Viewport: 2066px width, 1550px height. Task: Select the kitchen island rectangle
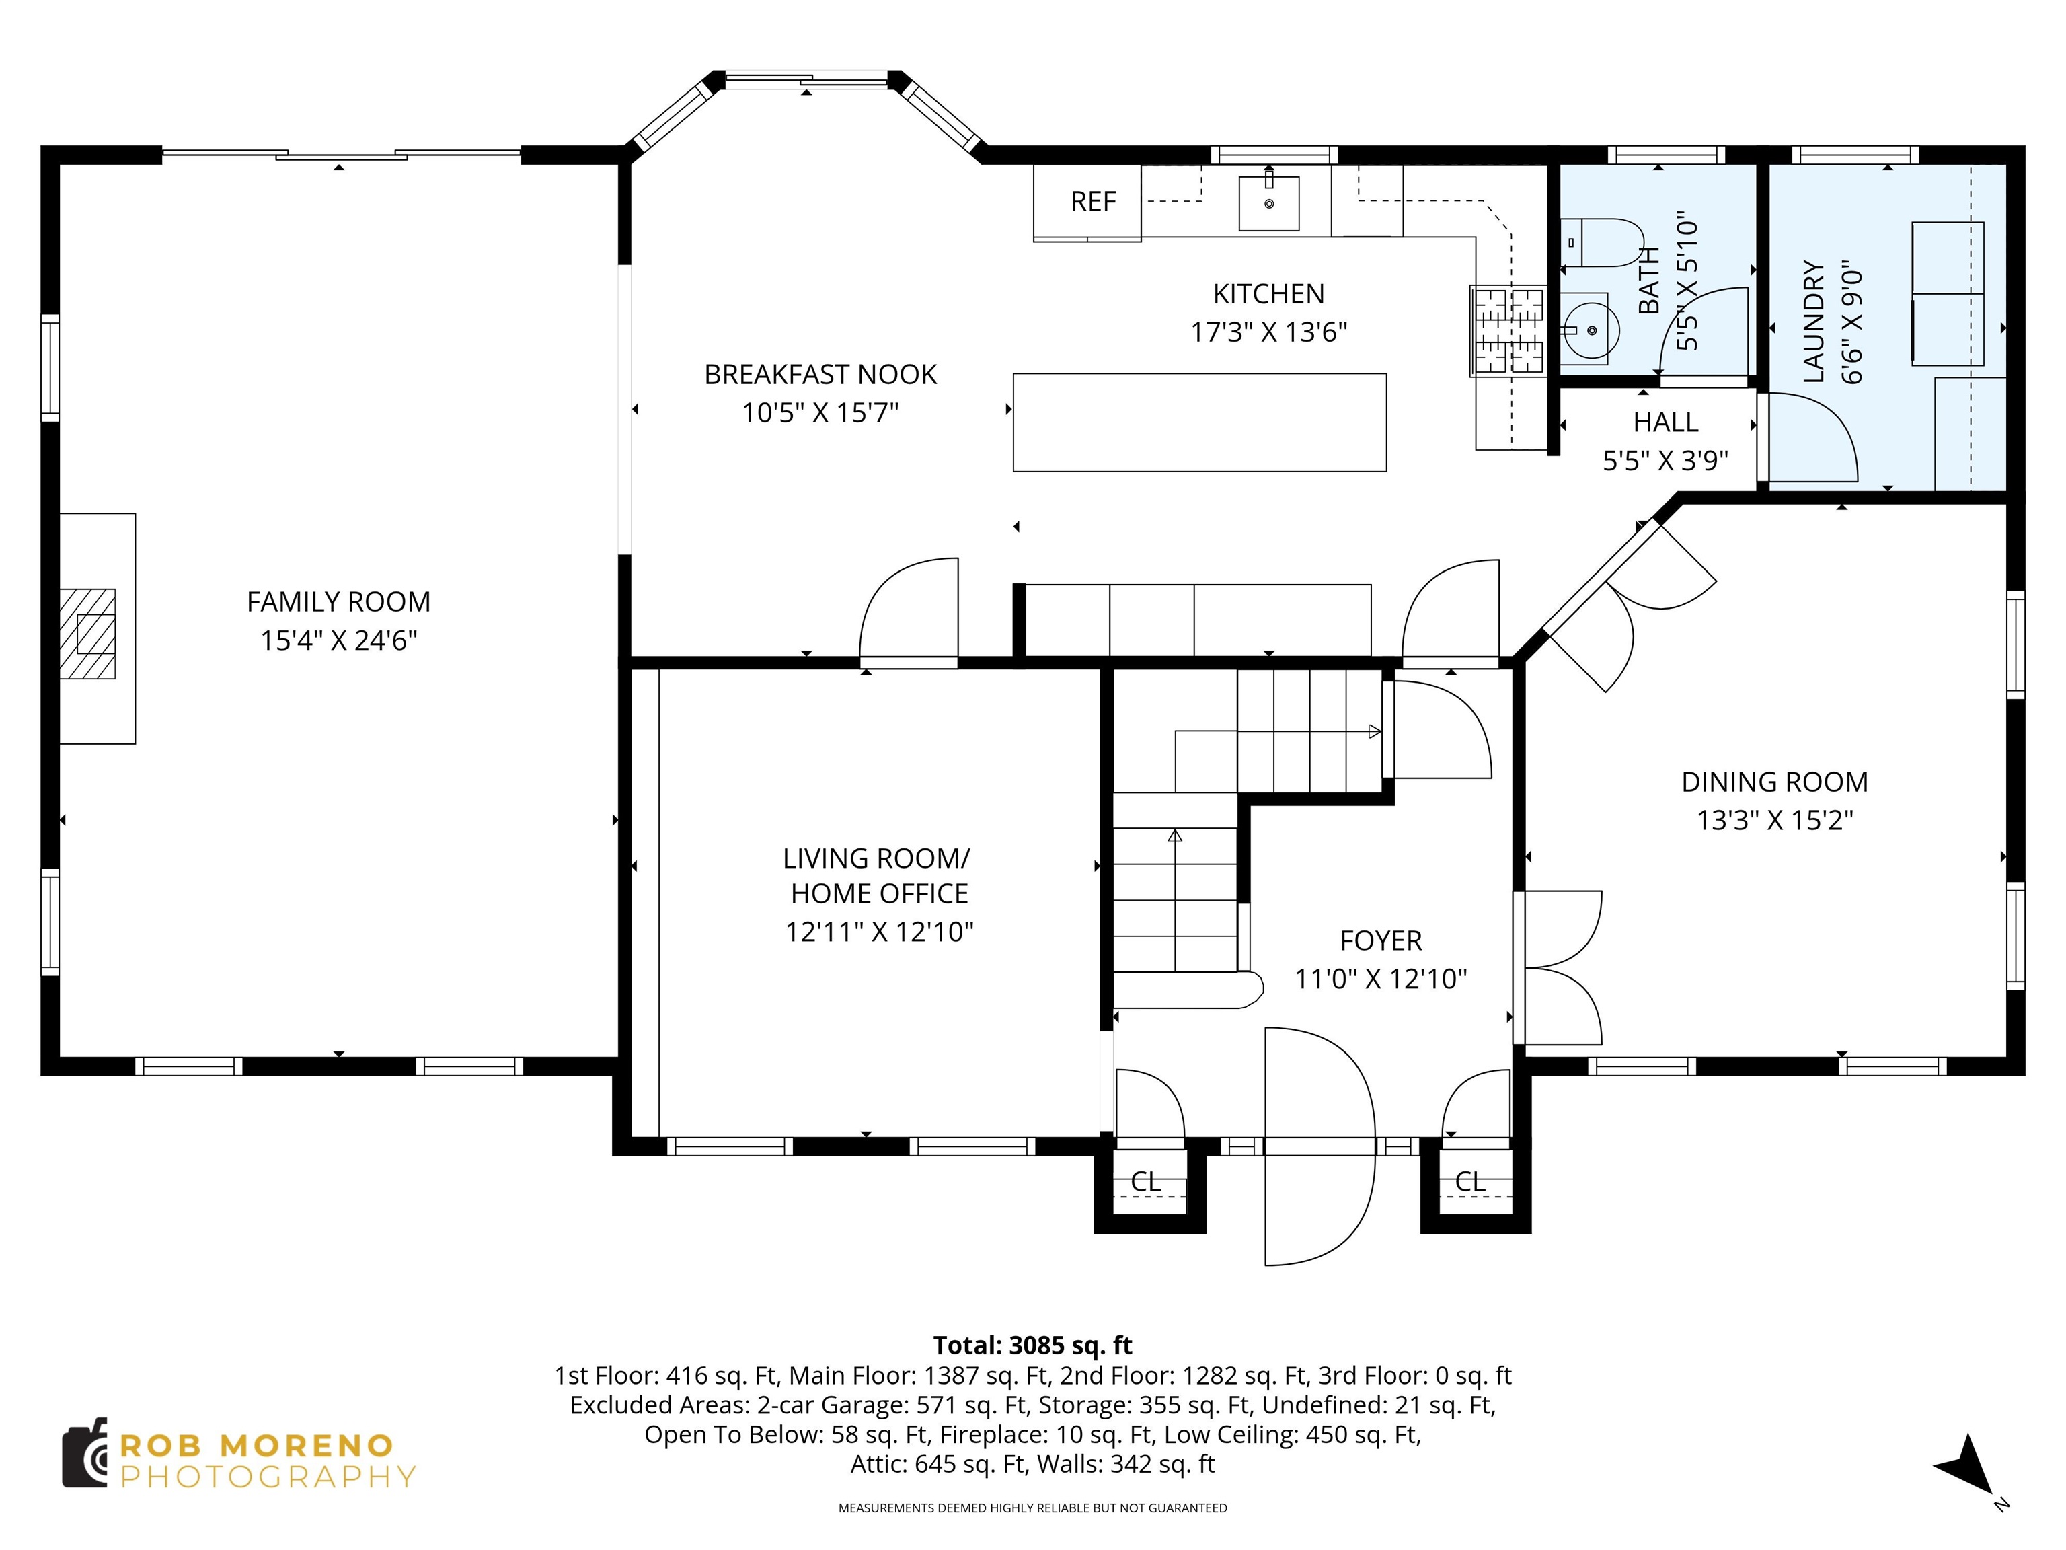1199,422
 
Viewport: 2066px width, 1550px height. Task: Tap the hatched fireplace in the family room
88,634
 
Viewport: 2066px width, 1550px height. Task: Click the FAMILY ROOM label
338,601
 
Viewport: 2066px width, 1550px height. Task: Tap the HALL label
1665,422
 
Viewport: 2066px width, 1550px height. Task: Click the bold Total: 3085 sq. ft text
1032,1345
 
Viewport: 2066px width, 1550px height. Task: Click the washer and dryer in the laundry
1948,293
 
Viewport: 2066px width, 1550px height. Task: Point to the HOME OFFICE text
879,894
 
